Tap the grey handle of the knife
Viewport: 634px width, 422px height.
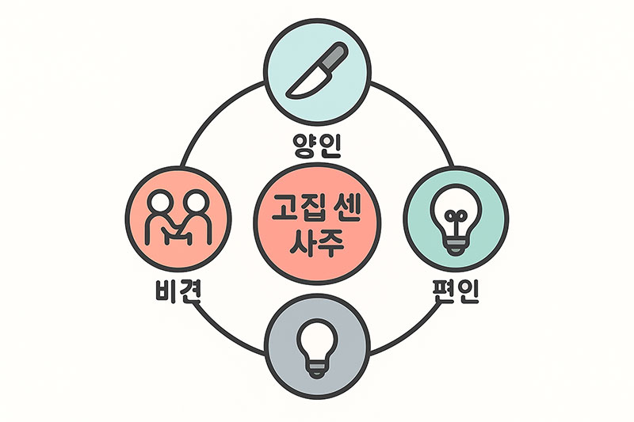334,55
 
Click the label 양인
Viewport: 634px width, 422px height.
317,146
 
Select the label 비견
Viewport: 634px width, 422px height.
178,291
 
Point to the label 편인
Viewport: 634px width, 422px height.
456,291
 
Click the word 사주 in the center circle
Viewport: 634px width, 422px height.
317,243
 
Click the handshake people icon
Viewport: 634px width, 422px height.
178,217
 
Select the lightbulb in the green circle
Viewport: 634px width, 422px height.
456,219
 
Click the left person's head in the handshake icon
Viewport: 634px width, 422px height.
159,201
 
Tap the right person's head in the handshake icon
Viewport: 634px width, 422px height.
197,201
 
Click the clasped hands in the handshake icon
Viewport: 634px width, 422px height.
177,234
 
